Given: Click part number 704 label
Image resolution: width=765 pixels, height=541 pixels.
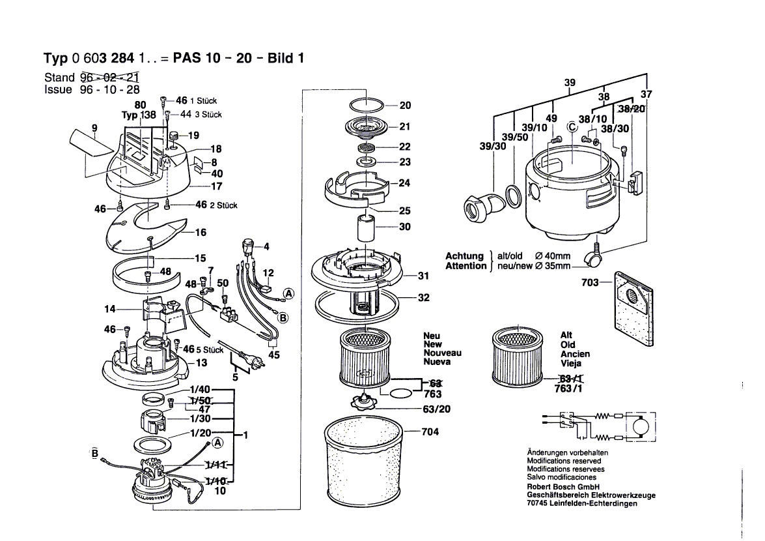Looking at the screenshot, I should pyautogui.click(x=430, y=431).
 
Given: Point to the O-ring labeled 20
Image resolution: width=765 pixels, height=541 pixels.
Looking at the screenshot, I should pyautogui.click(x=367, y=105).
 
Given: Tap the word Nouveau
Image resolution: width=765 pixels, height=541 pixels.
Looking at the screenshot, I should pyautogui.click(x=441, y=353).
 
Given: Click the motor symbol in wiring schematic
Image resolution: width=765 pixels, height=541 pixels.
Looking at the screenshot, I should pyautogui.click(x=637, y=427).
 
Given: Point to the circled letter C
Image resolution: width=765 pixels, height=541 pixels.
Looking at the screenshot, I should pyautogui.click(x=572, y=127).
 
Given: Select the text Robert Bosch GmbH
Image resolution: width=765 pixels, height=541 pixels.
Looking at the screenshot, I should pyautogui.click(x=563, y=486).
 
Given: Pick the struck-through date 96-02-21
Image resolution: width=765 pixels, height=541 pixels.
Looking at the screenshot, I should pyautogui.click(x=109, y=78).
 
